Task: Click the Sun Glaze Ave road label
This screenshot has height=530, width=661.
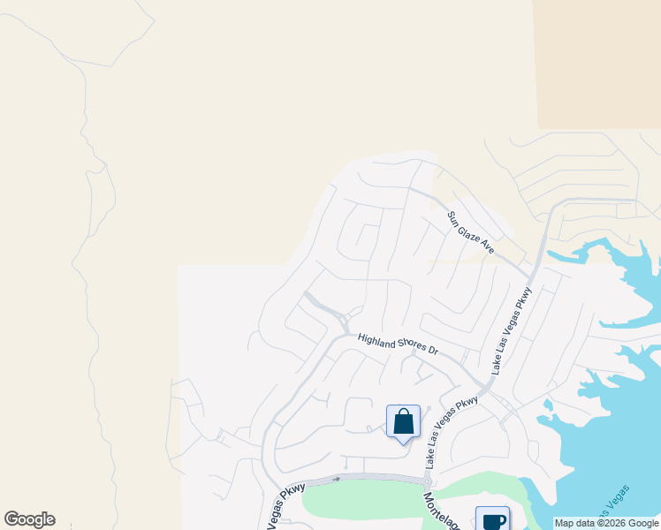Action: pos(470,232)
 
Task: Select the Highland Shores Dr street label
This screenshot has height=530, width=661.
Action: pos(398,343)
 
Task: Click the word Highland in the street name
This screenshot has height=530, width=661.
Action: pos(376,339)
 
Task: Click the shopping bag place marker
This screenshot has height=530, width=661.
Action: pos(403,421)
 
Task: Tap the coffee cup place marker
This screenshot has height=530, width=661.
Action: pos(492,519)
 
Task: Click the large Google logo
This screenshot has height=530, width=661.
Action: pos(29,519)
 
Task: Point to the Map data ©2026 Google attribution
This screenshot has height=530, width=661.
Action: pos(606,523)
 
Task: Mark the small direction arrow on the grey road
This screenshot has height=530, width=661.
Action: pos(336,479)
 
